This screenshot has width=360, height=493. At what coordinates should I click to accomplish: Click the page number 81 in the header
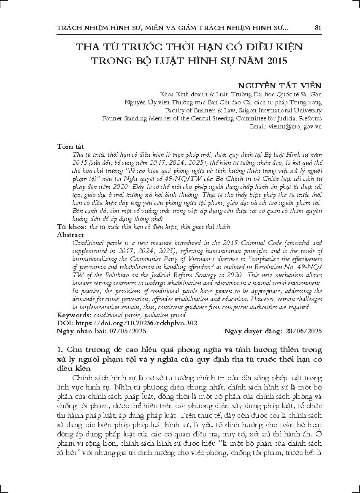(x=318, y=28)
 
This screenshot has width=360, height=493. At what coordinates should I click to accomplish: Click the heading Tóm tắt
(x=70, y=146)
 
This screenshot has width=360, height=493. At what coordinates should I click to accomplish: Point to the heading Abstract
(x=70, y=235)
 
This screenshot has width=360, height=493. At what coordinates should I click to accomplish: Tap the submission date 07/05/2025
(x=127, y=331)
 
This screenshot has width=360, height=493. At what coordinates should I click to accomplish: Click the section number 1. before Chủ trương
(x=60, y=350)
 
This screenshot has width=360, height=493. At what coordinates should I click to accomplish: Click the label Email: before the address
(x=258, y=126)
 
